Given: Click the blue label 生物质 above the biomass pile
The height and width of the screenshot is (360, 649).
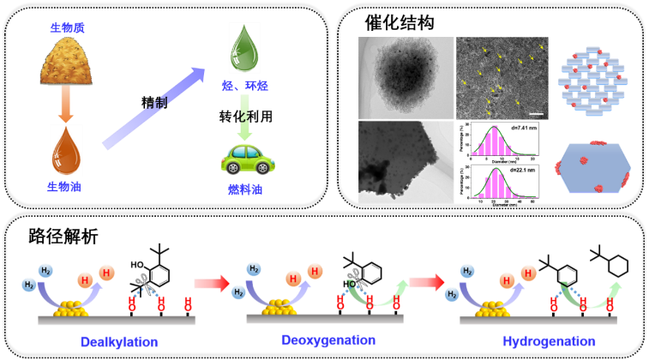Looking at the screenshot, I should [x=67, y=27].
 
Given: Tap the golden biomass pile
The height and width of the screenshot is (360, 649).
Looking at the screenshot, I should [x=66, y=63].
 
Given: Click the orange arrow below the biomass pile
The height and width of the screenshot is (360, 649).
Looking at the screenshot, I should [x=66, y=104].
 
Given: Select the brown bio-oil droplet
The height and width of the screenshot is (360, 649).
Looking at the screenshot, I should [x=66, y=149].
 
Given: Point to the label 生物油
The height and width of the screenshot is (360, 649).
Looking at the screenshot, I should [x=64, y=186].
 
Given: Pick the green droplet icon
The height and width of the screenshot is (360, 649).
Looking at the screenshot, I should [x=243, y=48].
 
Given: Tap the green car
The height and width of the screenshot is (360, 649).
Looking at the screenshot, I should [x=247, y=159].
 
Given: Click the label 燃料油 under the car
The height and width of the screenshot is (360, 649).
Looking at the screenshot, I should [x=244, y=189].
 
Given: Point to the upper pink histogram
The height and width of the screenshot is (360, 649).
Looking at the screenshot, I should [x=503, y=141].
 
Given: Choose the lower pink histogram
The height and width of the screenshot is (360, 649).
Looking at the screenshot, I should [x=503, y=183].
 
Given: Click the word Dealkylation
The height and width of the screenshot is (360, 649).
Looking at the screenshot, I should [x=118, y=342].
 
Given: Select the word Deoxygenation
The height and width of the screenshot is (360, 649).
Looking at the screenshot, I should [x=328, y=340].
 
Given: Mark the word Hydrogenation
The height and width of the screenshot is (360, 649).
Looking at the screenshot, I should [x=549, y=341].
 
